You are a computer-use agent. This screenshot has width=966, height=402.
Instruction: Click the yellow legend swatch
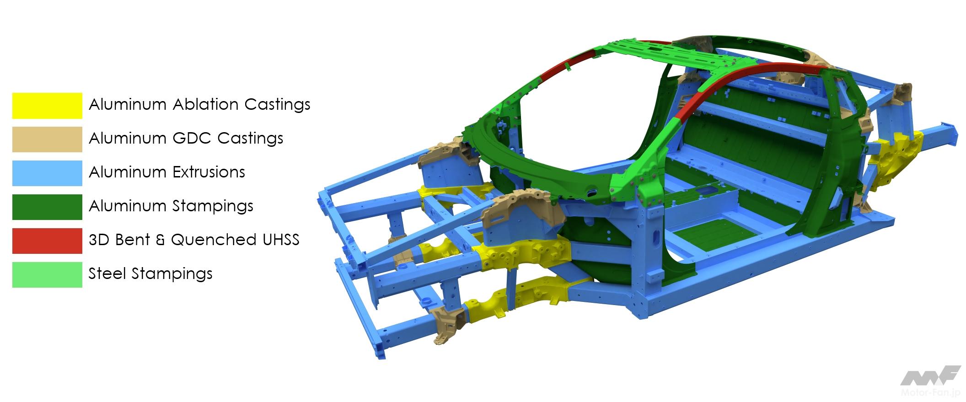(x=47, y=106)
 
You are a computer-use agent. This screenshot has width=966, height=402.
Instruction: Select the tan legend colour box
(x=47, y=139)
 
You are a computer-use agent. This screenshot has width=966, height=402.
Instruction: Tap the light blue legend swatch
(x=47, y=173)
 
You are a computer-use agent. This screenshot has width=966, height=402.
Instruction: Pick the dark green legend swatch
(x=47, y=207)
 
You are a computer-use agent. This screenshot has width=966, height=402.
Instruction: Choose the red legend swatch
(x=47, y=241)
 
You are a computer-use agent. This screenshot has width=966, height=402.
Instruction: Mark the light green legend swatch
(x=47, y=275)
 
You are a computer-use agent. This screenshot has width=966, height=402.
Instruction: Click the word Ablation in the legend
(x=205, y=105)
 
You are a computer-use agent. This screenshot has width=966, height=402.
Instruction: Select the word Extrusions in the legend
(x=209, y=172)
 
